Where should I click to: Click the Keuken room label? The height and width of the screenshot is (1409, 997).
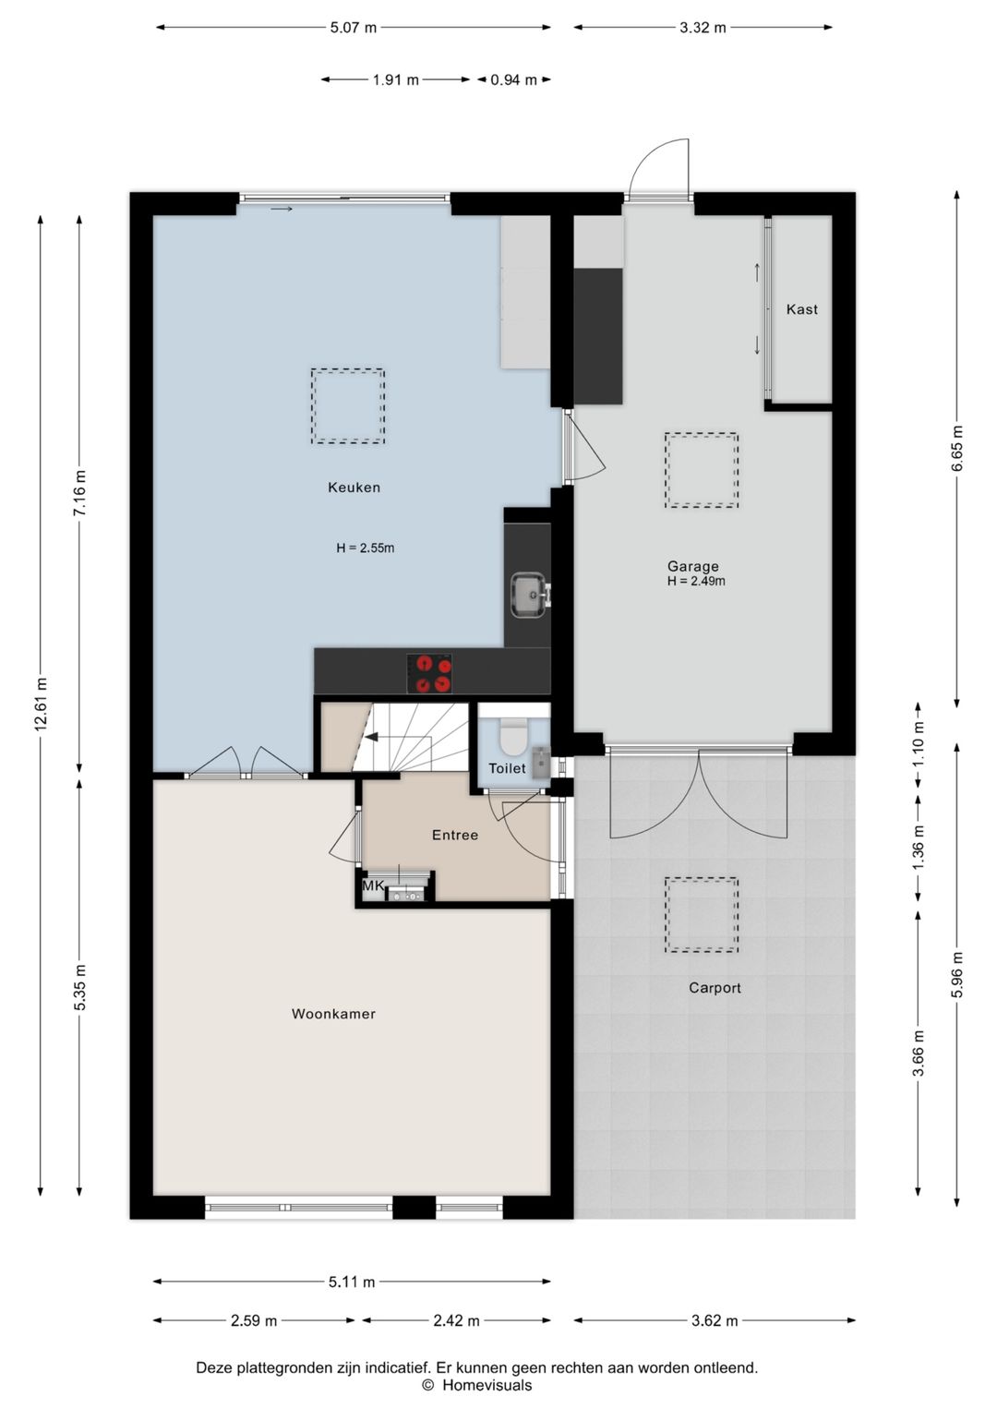354,488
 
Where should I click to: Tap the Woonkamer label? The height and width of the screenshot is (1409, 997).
333,1013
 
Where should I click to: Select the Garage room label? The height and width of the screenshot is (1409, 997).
692,566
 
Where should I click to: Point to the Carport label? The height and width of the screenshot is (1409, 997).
715,988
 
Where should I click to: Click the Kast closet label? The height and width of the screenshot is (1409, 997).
802,308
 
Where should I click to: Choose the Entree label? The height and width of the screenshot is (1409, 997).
455,835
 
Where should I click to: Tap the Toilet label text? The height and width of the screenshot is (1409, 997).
507,768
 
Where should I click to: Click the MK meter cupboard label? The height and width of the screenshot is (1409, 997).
373,885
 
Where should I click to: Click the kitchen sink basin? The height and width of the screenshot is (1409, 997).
528,595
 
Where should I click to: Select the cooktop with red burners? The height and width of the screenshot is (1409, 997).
429,674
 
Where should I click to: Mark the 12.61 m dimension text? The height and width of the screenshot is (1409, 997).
41,704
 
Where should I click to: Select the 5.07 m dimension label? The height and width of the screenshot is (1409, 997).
353,27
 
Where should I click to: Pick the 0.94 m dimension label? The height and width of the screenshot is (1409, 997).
513,80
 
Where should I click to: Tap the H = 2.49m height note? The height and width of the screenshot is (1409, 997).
696,581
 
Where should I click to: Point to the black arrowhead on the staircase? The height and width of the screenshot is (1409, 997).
371,737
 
